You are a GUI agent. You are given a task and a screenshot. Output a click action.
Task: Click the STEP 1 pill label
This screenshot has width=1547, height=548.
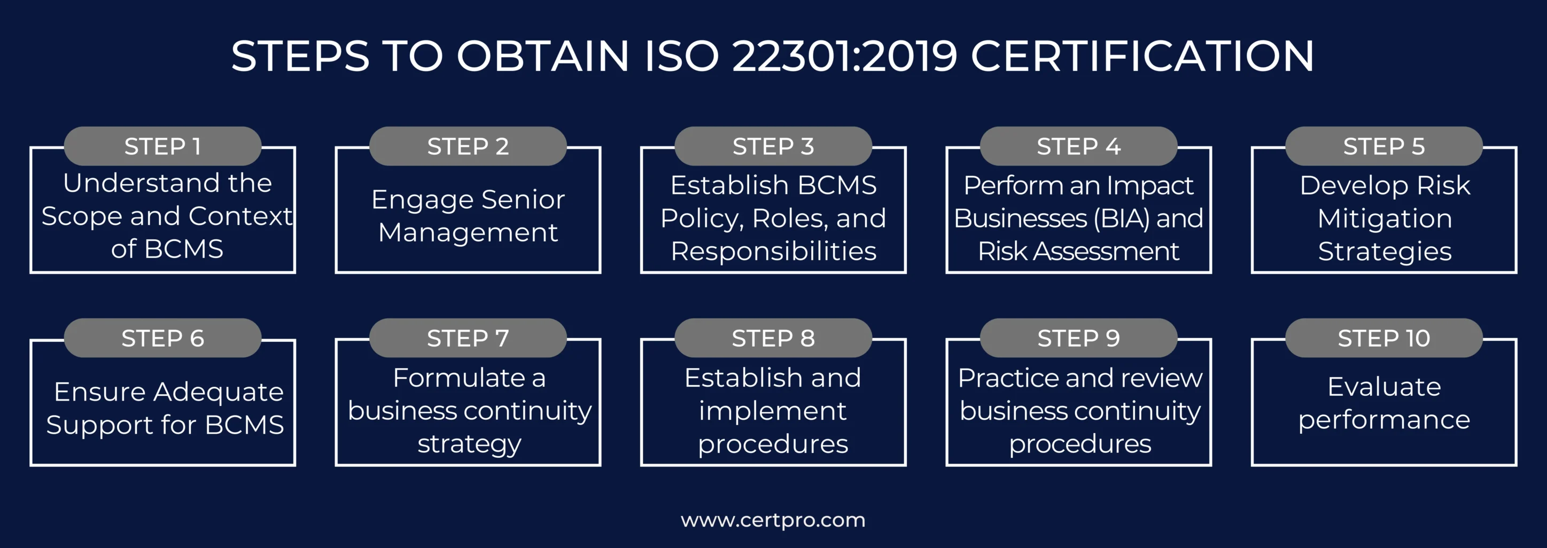[163, 146]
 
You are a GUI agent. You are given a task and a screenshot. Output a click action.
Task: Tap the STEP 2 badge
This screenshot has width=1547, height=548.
[468, 146]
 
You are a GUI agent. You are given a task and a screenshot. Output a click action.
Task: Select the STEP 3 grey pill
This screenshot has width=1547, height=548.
[773, 146]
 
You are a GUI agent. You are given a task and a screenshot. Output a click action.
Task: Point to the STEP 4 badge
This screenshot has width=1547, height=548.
[1078, 146]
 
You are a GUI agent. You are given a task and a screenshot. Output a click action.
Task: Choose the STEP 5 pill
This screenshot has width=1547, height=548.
[1383, 146]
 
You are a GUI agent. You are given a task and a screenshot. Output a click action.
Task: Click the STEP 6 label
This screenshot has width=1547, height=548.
[163, 339]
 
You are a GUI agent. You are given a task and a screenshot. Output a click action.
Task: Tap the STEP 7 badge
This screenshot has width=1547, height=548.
[468, 339]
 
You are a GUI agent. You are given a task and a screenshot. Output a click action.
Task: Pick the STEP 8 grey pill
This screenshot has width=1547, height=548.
[773, 339]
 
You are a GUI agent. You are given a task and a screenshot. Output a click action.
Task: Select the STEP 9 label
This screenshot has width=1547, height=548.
[1078, 339]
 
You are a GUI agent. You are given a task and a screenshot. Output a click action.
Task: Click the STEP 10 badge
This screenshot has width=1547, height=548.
[1383, 339]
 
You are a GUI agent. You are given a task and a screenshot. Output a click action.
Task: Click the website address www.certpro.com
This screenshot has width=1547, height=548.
[773, 520]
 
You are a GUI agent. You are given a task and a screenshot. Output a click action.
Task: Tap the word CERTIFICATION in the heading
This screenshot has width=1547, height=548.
[1142, 57]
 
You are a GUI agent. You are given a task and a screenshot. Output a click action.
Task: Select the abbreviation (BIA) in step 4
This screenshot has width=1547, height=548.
[1122, 218]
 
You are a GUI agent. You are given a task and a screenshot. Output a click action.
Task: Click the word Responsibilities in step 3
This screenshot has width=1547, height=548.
[774, 252]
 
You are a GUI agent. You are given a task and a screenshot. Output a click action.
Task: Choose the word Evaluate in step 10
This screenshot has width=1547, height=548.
[1384, 387]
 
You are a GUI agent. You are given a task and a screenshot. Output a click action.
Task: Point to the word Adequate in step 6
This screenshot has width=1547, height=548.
[219, 392]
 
